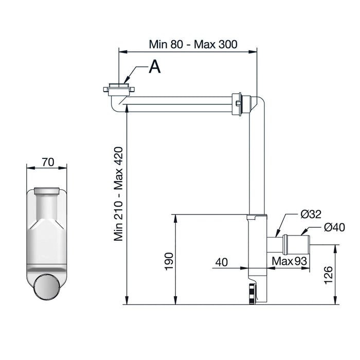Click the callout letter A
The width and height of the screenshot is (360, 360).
click(155, 66)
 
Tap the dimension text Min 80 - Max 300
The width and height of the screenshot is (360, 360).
click(193, 44)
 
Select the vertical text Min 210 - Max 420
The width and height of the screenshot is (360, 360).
click(119, 194)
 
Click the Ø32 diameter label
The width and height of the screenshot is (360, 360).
click(311, 214)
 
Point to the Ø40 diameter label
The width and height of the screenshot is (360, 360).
click(334, 227)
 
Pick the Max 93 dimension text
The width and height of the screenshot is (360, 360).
click(289, 261)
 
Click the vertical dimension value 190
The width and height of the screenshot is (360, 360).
click(169, 261)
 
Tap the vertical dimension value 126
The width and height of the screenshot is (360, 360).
click(328, 275)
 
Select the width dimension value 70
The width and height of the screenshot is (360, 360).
click(48, 162)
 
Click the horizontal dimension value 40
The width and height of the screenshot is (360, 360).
click(222, 262)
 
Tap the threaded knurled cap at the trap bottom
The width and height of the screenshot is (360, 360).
click(252, 294)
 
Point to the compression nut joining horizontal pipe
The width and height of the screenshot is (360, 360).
click(237, 104)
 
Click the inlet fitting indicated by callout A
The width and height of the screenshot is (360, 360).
click(119, 89)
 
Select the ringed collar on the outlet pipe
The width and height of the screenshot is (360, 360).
click(285, 244)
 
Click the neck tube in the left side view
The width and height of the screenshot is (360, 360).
click(47, 206)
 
